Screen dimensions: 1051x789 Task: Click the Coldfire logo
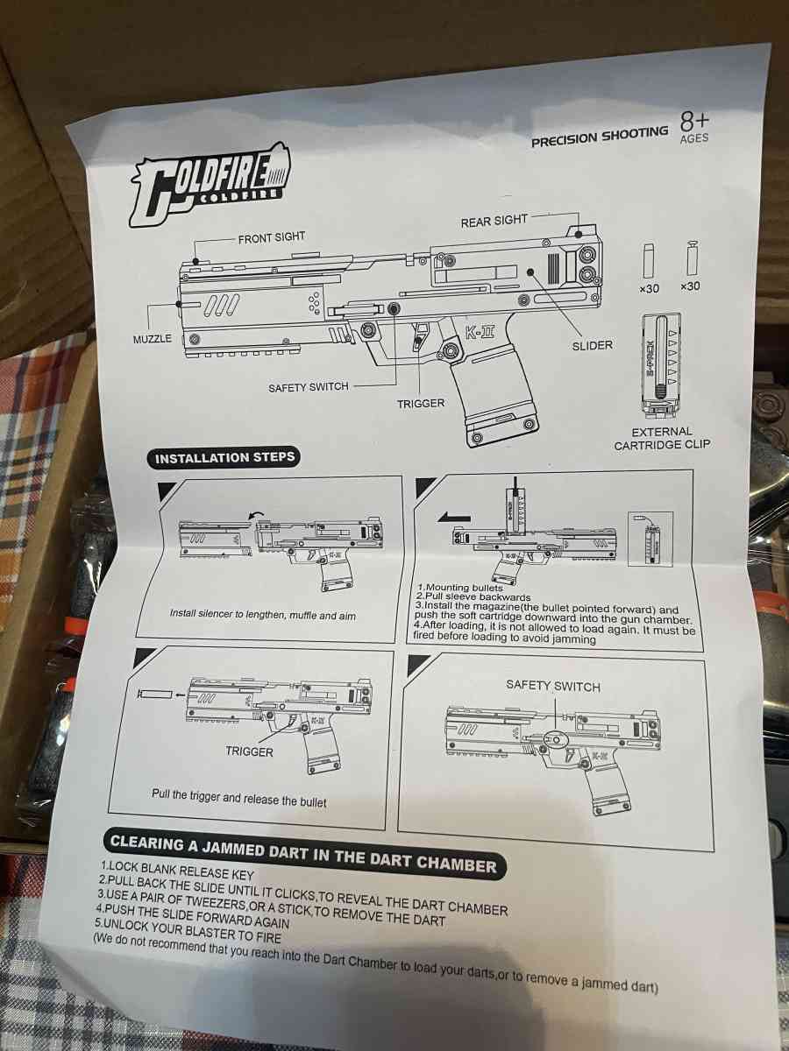click(210, 183)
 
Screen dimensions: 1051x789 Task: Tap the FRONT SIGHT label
click(272, 236)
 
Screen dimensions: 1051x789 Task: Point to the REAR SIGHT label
click(494, 221)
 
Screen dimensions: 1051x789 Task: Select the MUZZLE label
click(153, 338)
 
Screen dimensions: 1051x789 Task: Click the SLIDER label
click(592, 345)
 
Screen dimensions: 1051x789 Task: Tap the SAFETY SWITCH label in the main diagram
click(309, 386)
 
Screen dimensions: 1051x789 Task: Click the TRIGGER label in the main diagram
click(421, 403)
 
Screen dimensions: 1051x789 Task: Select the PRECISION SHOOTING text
click(600, 136)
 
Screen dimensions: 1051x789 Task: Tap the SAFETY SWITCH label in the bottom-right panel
click(553, 686)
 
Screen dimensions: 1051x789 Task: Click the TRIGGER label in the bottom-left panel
click(249, 751)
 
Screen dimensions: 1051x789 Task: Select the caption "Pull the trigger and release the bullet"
click(238, 800)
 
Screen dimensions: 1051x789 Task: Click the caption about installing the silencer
click(263, 614)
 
